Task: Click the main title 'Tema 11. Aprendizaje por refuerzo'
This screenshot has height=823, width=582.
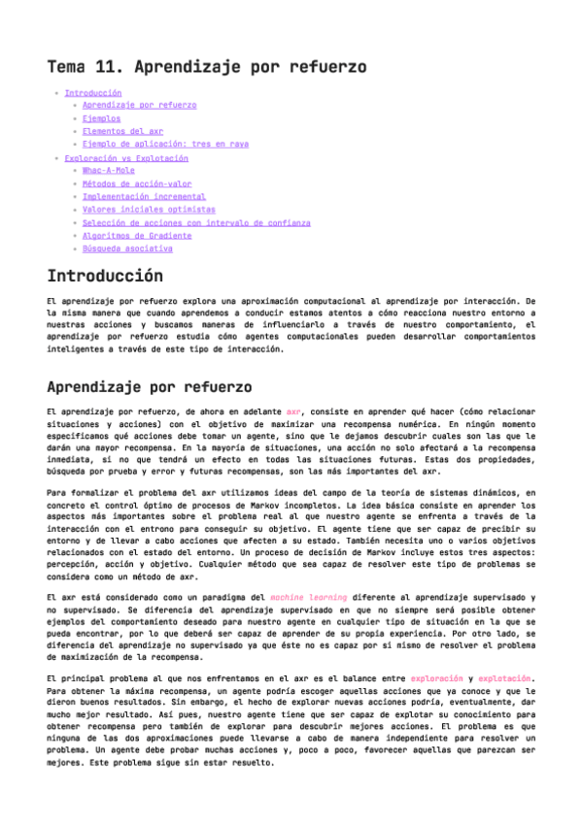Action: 206,67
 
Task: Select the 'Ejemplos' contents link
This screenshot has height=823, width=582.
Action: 101,117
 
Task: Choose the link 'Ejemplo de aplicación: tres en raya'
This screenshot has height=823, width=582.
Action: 165,144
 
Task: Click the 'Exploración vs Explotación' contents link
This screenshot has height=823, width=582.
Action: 126,157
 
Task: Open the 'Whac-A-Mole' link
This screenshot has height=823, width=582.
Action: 109,170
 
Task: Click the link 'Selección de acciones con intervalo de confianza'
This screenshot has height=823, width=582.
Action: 196,222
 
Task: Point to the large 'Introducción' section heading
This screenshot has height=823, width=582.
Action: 105,276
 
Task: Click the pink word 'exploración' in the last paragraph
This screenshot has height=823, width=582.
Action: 436,677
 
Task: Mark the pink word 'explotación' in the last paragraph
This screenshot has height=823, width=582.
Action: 504,677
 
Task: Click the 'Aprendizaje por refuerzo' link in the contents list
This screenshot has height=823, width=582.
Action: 139,105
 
